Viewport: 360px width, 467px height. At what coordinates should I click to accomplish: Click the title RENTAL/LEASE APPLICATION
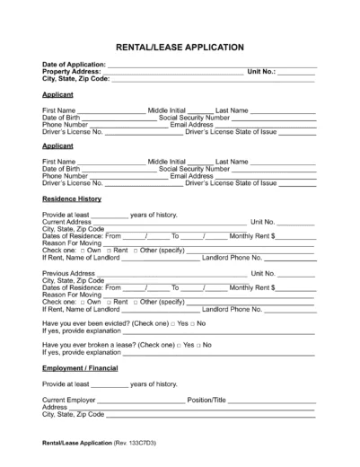pos(180,46)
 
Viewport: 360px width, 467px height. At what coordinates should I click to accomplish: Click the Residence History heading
pos(72,198)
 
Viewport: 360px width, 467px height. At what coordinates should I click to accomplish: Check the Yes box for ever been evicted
pos(180,322)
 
